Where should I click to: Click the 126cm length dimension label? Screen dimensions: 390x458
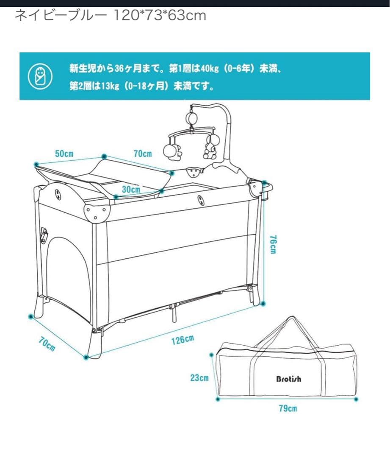(183, 340)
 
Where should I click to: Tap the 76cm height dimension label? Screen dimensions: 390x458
(273, 245)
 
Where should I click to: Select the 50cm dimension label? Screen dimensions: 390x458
(64, 154)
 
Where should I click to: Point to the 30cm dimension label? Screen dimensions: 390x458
(131, 189)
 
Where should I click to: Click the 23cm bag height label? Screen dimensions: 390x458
(199, 378)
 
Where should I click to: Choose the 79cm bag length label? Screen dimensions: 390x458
(288, 408)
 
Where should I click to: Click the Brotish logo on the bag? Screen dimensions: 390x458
(289, 379)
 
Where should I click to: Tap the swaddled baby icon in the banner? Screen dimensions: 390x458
(40, 76)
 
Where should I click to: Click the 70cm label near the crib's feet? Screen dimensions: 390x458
(47, 344)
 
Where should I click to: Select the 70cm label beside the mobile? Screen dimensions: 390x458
(143, 154)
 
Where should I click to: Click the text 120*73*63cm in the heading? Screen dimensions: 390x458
(159, 16)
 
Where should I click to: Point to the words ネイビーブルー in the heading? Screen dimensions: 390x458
(61, 16)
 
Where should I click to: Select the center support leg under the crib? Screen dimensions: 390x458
(174, 313)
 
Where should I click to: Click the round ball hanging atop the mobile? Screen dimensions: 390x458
(192, 118)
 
